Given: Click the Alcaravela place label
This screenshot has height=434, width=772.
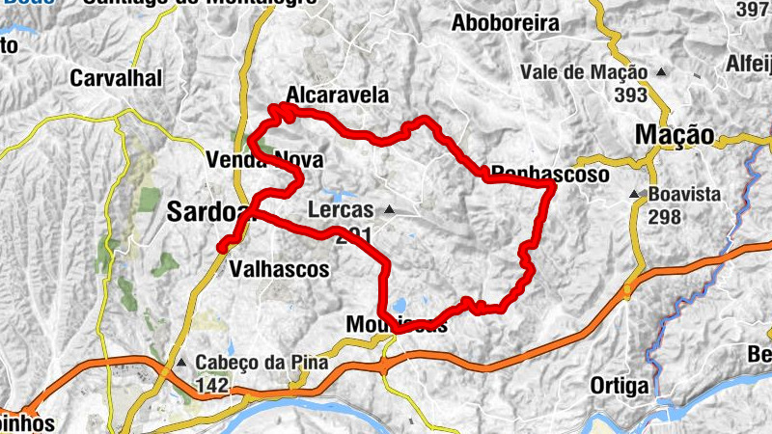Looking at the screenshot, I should tap(338, 95).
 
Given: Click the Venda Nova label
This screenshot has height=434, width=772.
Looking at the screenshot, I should tap(264, 159).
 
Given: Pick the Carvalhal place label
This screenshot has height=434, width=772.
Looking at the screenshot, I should tap(117, 78).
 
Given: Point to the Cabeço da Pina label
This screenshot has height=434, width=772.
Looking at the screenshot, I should tap(262, 364).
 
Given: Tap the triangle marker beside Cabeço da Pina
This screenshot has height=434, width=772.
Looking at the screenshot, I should tap(182, 364).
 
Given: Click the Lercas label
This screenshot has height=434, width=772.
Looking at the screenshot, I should tap(341, 209).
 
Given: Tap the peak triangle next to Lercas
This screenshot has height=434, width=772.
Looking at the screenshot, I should tap(389, 209).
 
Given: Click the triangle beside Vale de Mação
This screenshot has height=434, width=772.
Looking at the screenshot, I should tap(661, 71).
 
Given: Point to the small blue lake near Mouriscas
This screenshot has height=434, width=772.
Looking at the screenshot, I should tap(396, 309).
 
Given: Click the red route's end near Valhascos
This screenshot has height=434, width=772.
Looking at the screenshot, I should tap(222, 248).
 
